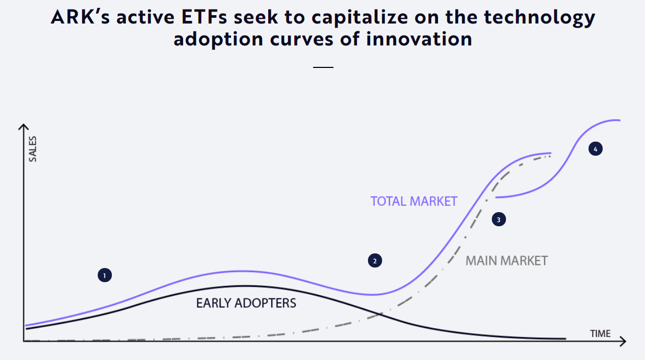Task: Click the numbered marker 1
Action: coord(105,275)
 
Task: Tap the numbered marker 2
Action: coord(375,260)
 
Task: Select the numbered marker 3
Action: coord(499,219)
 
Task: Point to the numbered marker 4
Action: coord(595,149)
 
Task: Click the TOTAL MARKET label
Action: coord(413,201)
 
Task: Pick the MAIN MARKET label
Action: coord(506,260)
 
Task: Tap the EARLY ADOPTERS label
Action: coord(246,303)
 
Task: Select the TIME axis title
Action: coord(600,333)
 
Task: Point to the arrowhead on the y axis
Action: coord(23,127)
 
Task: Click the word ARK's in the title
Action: coord(84,17)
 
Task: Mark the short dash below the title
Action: coord(323,67)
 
